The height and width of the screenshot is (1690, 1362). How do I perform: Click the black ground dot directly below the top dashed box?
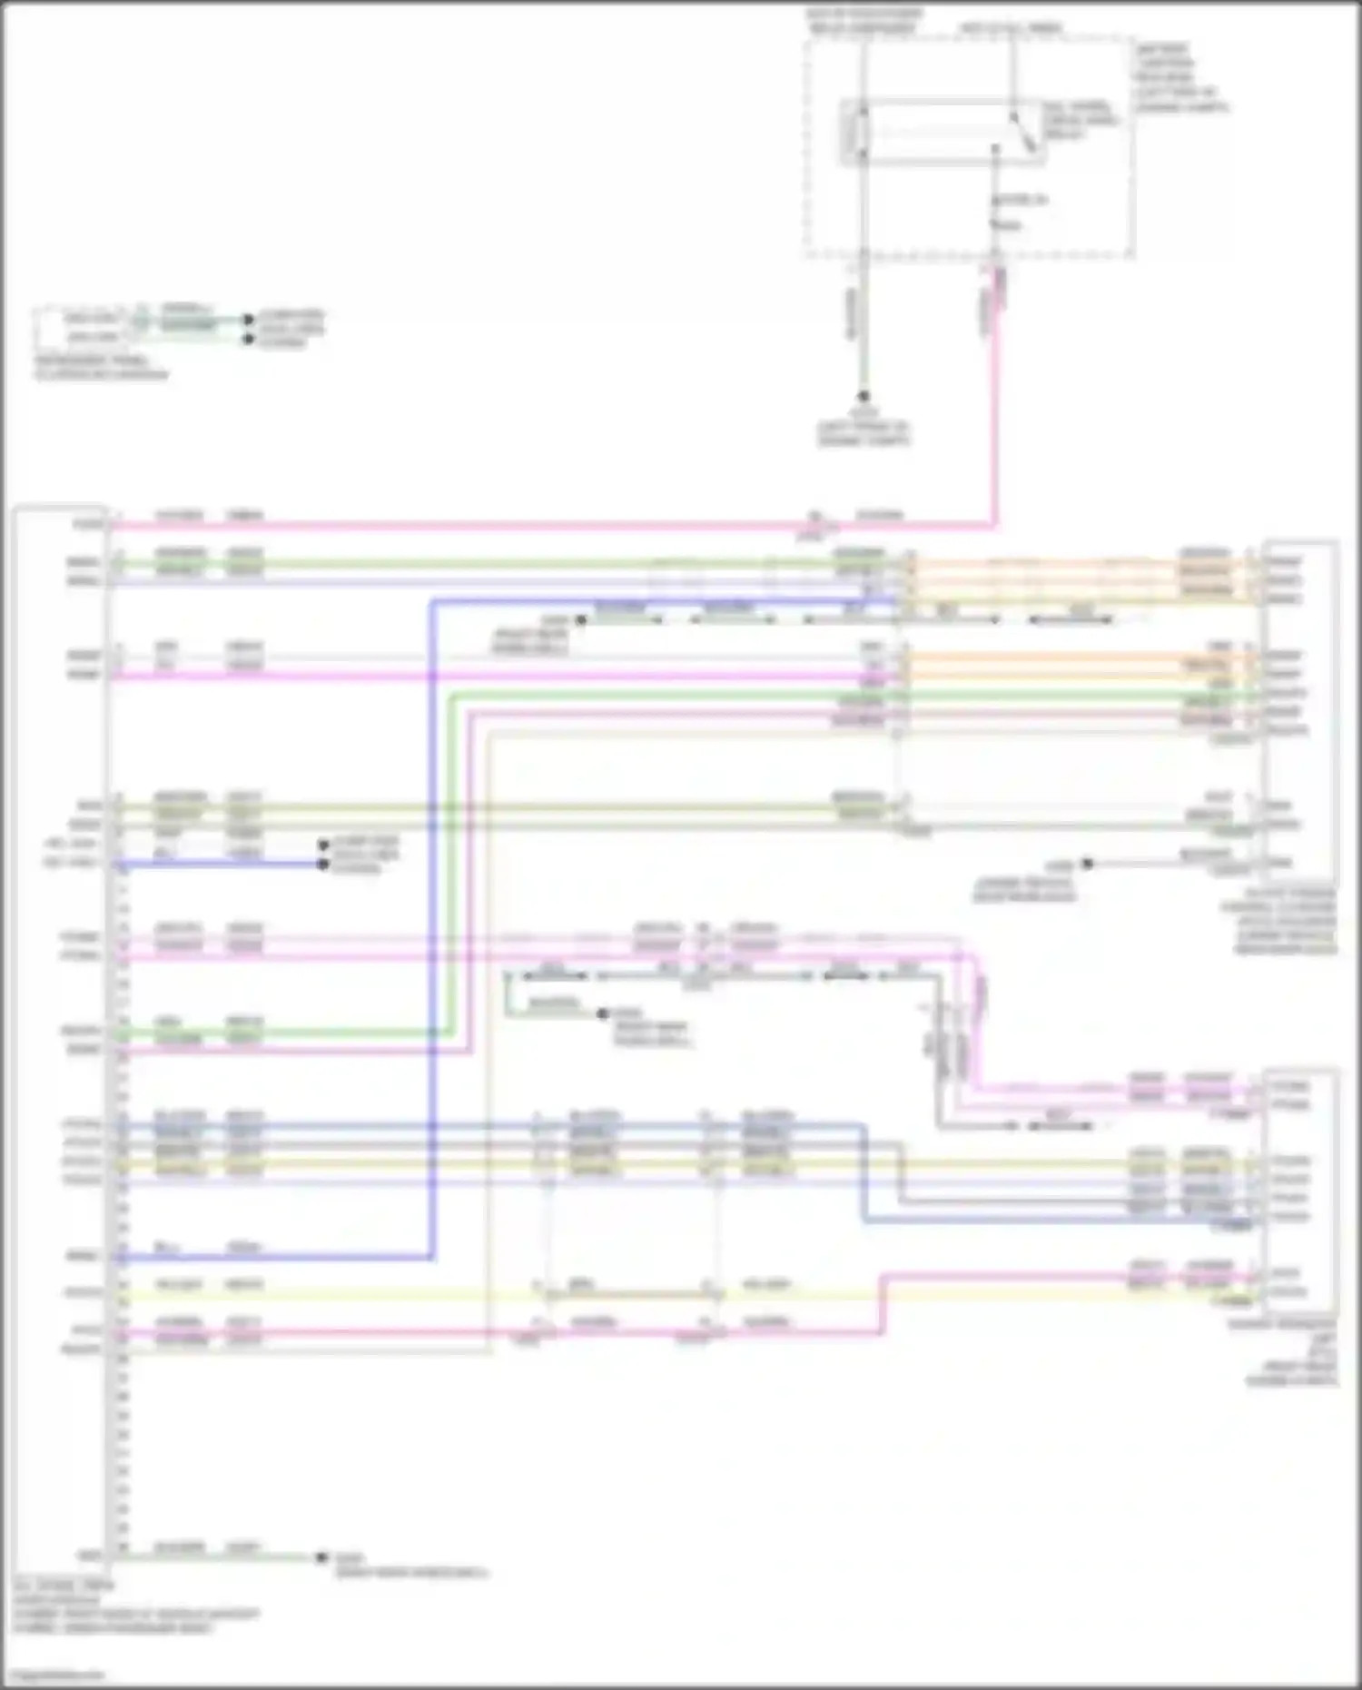pos(864,397)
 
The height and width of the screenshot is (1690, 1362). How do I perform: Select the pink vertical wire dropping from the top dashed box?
pos(996,409)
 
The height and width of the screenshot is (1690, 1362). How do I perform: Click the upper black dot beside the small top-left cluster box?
pos(247,320)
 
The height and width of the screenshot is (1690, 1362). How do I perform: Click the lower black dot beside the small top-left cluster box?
pos(247,339)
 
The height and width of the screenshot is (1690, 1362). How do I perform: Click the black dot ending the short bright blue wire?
pos(322,864)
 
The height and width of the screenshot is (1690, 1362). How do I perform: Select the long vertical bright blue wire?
pos(432,926)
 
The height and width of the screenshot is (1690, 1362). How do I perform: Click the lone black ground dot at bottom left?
pos(321,1557)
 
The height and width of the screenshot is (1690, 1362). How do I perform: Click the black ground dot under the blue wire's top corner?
pos(581,620)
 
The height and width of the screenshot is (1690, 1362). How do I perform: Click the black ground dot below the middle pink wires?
pos(602,1013)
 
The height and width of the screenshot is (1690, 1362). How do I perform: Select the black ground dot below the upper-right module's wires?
pos(1087,864)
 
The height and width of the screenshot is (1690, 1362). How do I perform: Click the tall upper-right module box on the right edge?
pos(1298,708)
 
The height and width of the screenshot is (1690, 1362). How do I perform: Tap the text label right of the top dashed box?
pos(1179,77)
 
